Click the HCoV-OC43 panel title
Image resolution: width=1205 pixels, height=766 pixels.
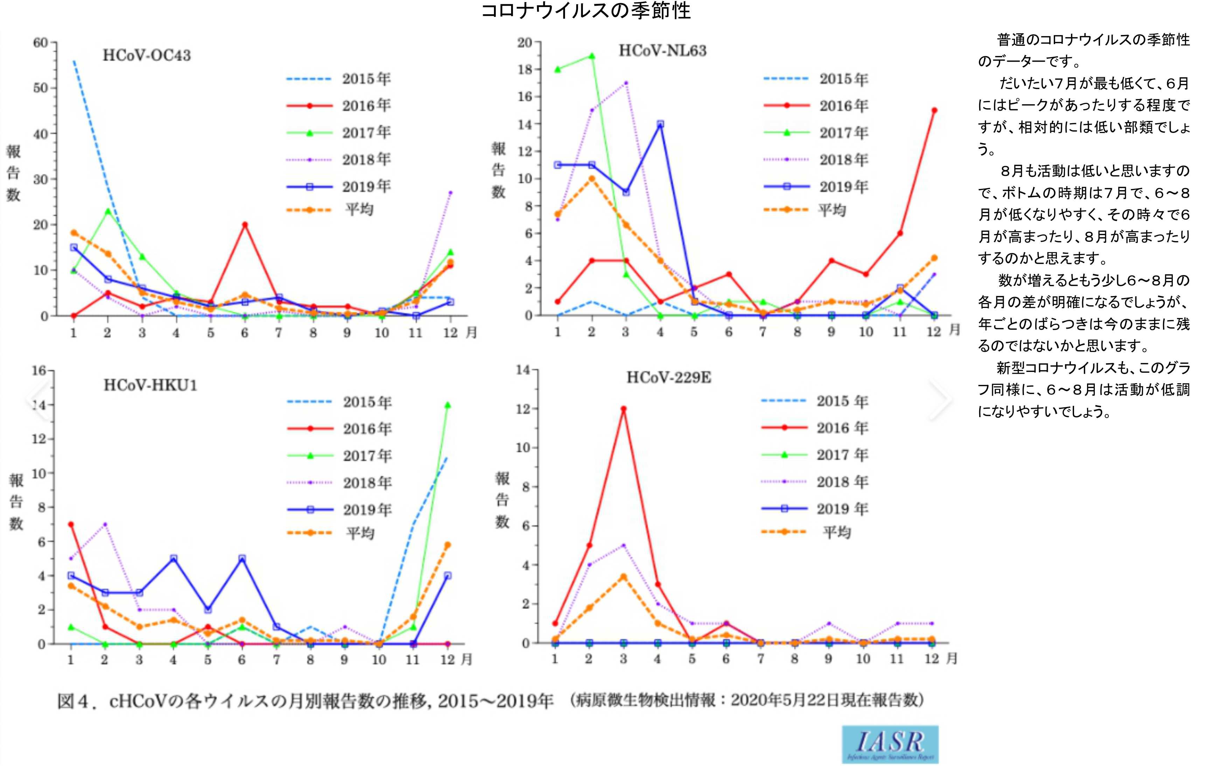point(147,55)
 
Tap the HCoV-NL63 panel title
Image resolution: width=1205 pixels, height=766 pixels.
point(663,50)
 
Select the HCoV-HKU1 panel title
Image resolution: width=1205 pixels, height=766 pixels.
point(150,385)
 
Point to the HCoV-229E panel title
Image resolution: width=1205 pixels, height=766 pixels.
point(669,377)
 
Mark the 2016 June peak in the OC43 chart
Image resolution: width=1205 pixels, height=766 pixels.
point(245,225)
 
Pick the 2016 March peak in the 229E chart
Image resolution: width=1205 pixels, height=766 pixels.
point(624,409)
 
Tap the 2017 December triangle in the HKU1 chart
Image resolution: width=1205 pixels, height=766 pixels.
point(447,405)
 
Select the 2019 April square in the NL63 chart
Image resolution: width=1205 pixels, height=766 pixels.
point(660,124)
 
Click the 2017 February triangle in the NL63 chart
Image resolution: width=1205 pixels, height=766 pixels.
point(592,56)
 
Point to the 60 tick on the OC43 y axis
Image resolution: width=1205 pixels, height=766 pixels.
point(41,43)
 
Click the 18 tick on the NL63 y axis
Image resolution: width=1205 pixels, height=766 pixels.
point(525,70)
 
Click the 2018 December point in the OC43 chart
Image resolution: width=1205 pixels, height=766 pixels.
point(450,192)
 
